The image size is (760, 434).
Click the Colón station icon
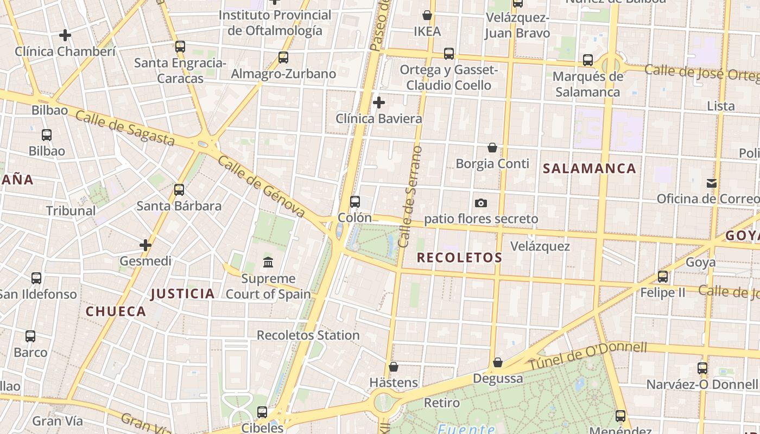tap(355, 202)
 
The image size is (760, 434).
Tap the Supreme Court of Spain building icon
tap(268, 263)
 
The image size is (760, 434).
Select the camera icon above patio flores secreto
tap(481, 203)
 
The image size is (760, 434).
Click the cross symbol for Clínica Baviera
tap(379, 102)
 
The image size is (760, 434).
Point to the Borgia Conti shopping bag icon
tap(492, 148)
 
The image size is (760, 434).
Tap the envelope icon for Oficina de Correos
tap(712, 183)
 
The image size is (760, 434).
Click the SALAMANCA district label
tap(590, 169)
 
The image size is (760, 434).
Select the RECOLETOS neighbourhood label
tap(459, 258)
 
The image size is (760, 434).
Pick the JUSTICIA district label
tap(183, 294)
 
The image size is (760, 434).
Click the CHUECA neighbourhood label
tap(116, 311)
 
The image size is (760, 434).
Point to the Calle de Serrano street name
tap(410, 196)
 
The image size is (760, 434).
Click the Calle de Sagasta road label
tap(125, 129)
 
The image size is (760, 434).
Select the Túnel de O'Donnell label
tap(588, 356)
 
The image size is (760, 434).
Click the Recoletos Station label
tap(308, 335)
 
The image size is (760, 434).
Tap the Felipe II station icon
tap(663, 277)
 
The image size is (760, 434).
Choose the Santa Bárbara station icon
tap(179, 190)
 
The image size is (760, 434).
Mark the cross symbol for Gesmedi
tap(145, 245)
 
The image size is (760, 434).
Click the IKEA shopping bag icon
tap(427, 15)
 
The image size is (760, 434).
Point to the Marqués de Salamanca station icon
tap(588, 60)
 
